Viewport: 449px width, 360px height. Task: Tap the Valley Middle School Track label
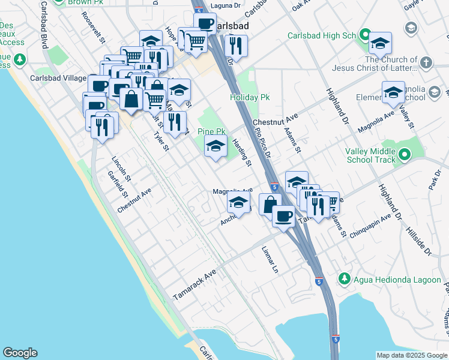pos(370,155)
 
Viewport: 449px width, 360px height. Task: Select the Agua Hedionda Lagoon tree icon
pos(344,278)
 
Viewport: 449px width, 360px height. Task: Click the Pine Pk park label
pos(211,131)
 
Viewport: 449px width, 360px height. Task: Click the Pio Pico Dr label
pos(263,143)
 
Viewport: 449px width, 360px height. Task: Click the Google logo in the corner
pos(20,353)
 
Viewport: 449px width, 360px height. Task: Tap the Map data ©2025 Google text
pos(411,355)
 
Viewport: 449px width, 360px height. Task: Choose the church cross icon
pos(426,62)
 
